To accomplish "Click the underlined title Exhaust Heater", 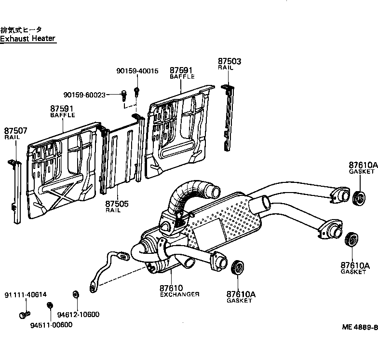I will (x=28, y=38).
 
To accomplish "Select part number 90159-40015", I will (x=137, y=71).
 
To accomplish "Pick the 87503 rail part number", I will (x=229, y=62).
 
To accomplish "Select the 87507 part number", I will (x=16, y=131).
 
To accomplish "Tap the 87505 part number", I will (x=117, y=204).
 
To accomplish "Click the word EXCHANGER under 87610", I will (x=179, y=294).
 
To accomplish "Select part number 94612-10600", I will (x=78, y=315).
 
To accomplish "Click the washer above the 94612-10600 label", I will (x=75, y=294).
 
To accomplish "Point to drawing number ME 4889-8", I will (x=359, y=327).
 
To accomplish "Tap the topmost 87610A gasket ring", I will (x=359, y=197).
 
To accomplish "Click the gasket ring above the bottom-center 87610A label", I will (x=237, y=268).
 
